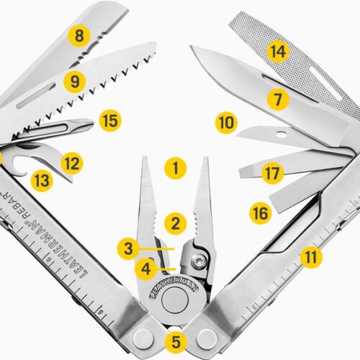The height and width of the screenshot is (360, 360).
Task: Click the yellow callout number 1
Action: [174, 171]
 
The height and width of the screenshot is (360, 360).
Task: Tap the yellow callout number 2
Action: [174, 222]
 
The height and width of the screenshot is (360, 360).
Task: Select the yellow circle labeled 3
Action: [127, 249]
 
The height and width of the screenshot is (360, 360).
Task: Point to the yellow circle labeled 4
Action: [146, 270]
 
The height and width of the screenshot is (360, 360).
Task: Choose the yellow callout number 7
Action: [278, 99]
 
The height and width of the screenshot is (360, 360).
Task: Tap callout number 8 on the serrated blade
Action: [78, 34]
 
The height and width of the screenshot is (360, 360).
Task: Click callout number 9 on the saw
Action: [73, 81]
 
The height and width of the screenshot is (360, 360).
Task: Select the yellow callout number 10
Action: [226, 122]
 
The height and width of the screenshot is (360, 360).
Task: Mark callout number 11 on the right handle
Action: [310, 256]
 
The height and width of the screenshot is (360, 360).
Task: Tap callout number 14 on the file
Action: [278, 51]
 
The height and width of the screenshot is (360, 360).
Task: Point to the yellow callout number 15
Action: [109, 120]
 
